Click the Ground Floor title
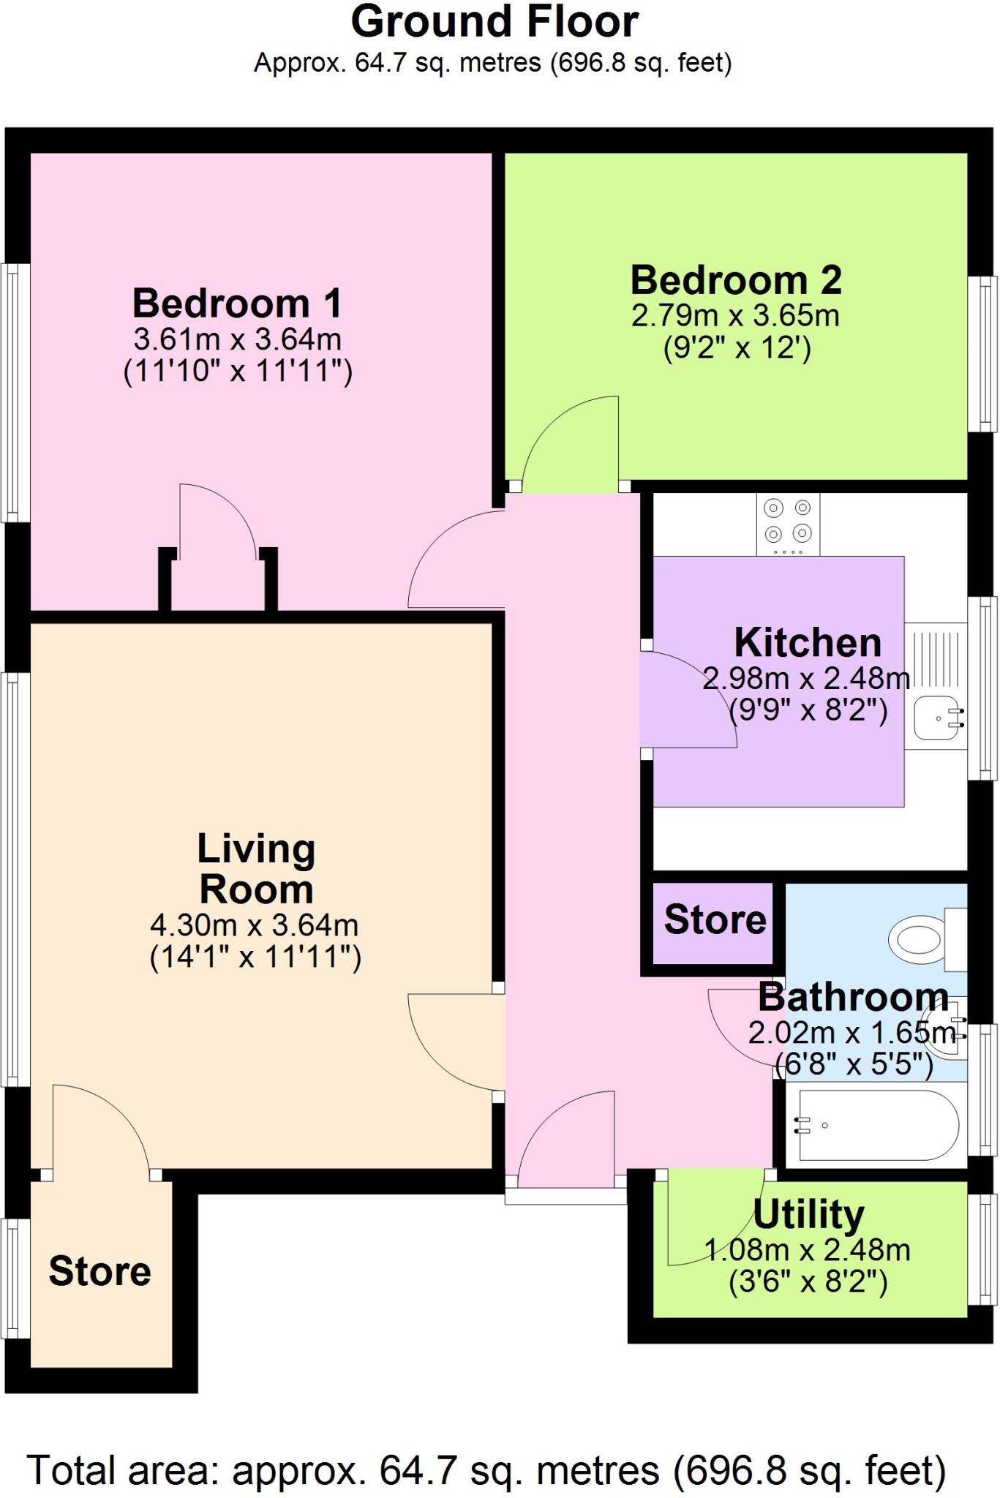[x=495, y=22]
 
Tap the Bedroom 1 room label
[x=236, y=303]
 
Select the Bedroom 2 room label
[x=736, y=279]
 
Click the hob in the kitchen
[x=788, y=524]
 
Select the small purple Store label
[x=715, y=919]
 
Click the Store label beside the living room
[x=99, y=1271]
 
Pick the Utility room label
[x=808, y=1215]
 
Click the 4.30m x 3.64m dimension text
[x=254, y=926]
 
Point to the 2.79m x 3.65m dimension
[x=735, y=316]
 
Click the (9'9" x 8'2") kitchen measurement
[x=808, y=710]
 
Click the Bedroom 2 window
[x=982, y=354]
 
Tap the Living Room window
[x=15, y=878]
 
